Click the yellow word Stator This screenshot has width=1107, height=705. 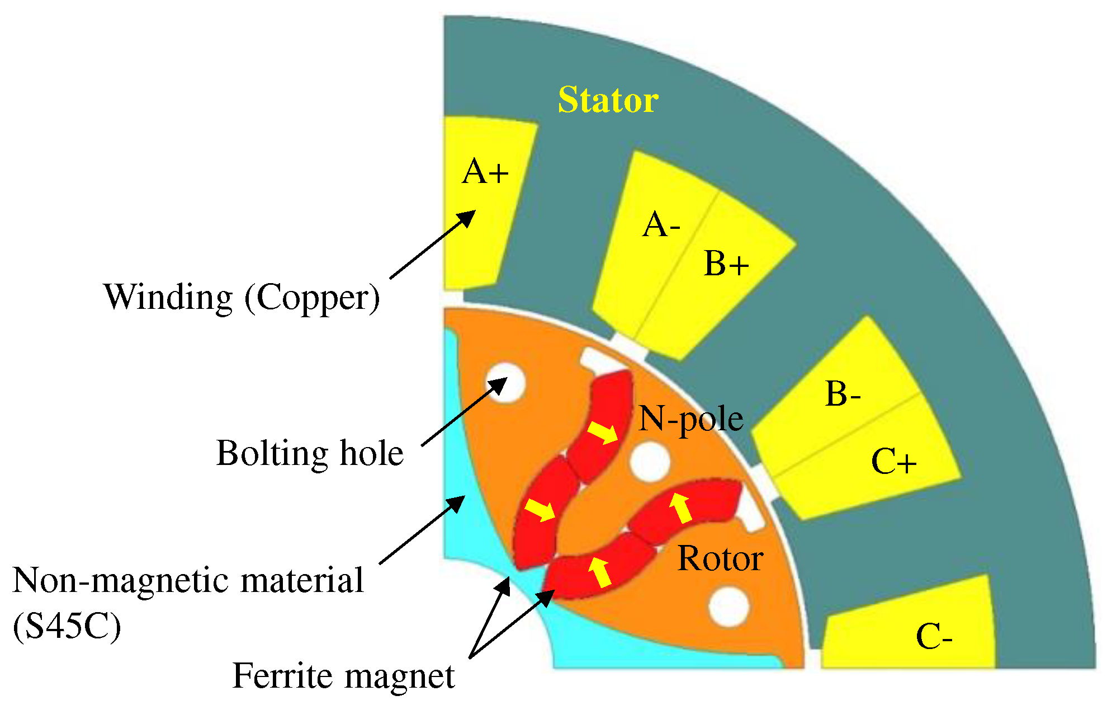pyautogui.click(x=608, y=100)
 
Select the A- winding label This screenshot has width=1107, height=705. pyautogui.click(x=661, y=225)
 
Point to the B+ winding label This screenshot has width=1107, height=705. pyautogui.click(x=726, y=264)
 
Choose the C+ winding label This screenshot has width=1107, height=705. pyautogui.click(x=893, y=462)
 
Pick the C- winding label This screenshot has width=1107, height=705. pyautogui.click(x=934, y=637)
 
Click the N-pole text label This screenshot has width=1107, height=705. pyautogui.click(x=690, y=419)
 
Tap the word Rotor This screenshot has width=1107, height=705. pyautogui.click(x=720, y=558)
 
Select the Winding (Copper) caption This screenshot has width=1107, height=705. pyautogui.click(x=242, y=297)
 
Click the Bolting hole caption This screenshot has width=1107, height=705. pyautogui.click(x=310, y=453)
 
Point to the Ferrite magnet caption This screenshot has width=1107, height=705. pyautogui.click(x=343, y=676)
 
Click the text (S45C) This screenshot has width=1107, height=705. pyautogui.click(x=67, y=626)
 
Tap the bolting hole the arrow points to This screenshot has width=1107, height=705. pyautogui.click(x=506, y=383)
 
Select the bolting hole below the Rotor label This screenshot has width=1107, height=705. pyautogui.click(x=728, y=607)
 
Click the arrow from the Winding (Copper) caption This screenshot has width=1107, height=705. pyautogui.click(x=432, y=245)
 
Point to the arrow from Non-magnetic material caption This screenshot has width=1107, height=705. pyautogui.click(x=422, y=530)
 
